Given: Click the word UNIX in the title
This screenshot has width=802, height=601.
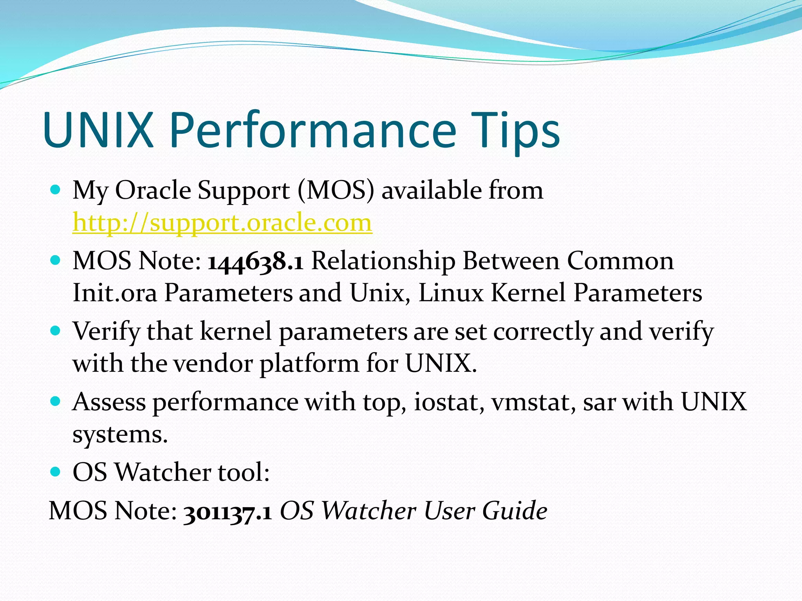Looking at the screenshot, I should tap(98, 130).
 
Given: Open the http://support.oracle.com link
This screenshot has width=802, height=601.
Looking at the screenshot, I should tap(222, 223).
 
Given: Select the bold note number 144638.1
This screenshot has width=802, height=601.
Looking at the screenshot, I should tap(255, 261).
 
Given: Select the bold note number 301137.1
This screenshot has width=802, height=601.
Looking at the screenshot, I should tap(228, 511).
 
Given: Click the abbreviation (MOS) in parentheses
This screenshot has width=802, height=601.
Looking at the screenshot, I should tap(336, 191).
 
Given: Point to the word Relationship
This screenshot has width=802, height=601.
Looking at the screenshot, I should tap(383, 261).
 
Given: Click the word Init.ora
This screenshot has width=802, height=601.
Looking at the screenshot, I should tap(115, 293).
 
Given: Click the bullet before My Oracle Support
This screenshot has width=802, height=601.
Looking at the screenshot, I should tap(56, 190).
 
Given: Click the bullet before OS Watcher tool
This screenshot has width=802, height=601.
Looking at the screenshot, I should tap(56, 472).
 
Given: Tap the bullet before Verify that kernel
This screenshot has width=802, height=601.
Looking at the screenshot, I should tap(56, 331).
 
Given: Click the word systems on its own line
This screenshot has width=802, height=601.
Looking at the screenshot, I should tap(119, 434).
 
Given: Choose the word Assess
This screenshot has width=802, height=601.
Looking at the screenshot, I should tap(109, 402).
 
